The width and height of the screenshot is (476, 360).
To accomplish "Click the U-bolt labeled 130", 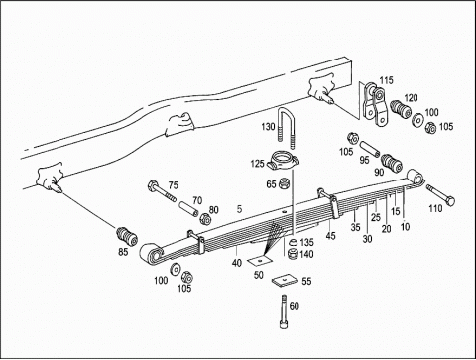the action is [281, 116].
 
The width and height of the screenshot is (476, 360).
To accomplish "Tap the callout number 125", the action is [257, 164].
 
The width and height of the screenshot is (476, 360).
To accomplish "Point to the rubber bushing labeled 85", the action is [127, 237].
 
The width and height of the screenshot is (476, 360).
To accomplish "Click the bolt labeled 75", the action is [162, 191].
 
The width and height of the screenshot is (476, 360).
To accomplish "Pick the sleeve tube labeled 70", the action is [188, 209].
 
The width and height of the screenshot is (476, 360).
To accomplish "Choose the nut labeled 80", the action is [206, 219].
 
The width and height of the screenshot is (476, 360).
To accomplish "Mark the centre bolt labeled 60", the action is [283, 311].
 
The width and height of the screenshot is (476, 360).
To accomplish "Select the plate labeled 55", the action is [283, 281].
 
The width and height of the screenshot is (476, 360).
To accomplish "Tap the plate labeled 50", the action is [260, 261].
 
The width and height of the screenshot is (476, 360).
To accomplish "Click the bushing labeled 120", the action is [401, 109].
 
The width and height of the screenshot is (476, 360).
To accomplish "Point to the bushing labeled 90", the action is [392, 163].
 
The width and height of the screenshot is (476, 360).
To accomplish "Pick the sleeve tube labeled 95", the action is [369, 149].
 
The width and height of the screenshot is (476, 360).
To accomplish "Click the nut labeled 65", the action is [285, 183].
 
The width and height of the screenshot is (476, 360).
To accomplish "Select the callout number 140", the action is [306, 254].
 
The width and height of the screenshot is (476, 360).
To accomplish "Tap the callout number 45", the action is [330, 236].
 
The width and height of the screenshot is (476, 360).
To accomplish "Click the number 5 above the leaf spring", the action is [239, 209].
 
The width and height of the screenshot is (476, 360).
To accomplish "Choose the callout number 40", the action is [237, 263].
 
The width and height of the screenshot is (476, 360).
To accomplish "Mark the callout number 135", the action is [306, 242].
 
